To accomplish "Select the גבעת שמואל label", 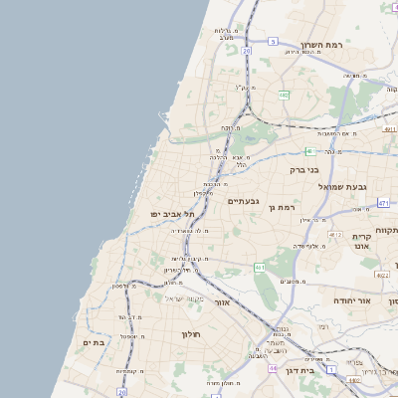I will coord(343,186).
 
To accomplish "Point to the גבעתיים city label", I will coord(243,201).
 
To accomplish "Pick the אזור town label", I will coord(222,301).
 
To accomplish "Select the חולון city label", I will coord(191,334).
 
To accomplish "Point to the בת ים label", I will coord(95,342).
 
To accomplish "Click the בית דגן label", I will coord(299,369).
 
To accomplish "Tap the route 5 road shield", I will coord(273,41).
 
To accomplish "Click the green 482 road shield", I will coord(284,96).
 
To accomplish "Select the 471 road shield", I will coord(383,203).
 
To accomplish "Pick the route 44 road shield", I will coord(273,367).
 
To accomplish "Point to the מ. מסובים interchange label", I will coord(293,282).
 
